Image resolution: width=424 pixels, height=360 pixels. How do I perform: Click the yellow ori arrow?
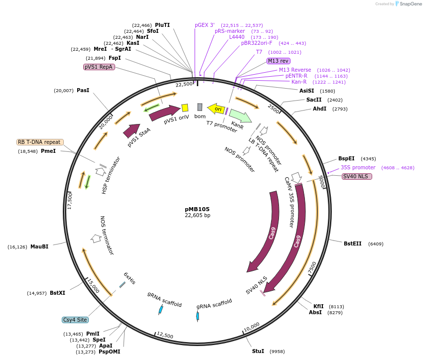coord(217,109)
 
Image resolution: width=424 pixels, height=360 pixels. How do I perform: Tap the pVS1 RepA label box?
coord(99,67)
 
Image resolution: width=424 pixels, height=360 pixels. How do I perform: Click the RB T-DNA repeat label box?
coord(40,142)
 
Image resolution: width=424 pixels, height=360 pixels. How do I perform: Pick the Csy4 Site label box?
coord(75,320)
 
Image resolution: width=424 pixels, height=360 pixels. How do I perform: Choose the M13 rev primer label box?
coord(278,61)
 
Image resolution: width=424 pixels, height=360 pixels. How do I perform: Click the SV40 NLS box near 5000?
coord(357,176)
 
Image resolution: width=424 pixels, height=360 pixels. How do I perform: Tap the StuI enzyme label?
coord(258,351)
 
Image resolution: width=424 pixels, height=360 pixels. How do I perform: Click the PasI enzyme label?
coord(83,90)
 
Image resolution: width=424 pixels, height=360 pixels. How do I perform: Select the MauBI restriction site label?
coord(39,246)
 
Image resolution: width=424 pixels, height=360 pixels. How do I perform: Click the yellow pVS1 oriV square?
coord(185,108)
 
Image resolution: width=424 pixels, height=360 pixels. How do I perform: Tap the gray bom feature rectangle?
coord(200,107)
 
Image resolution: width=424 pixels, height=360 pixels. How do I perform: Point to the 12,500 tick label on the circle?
coord(165,336)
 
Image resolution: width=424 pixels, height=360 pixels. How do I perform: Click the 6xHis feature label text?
coord(130,278)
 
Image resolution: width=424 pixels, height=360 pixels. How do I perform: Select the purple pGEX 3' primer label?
coord(205,25)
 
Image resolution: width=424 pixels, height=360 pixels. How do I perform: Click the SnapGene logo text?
coord(410,4)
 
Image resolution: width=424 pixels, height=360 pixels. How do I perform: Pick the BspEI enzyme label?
coord(346,158)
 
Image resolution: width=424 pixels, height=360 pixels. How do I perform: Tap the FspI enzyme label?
coord(115,58)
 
